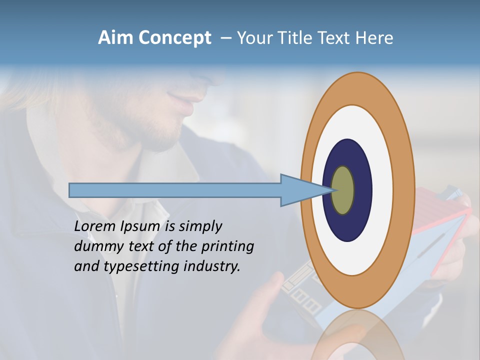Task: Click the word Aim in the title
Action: [116, 38]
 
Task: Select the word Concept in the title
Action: [174, 38]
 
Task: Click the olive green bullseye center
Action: [342, 190]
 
